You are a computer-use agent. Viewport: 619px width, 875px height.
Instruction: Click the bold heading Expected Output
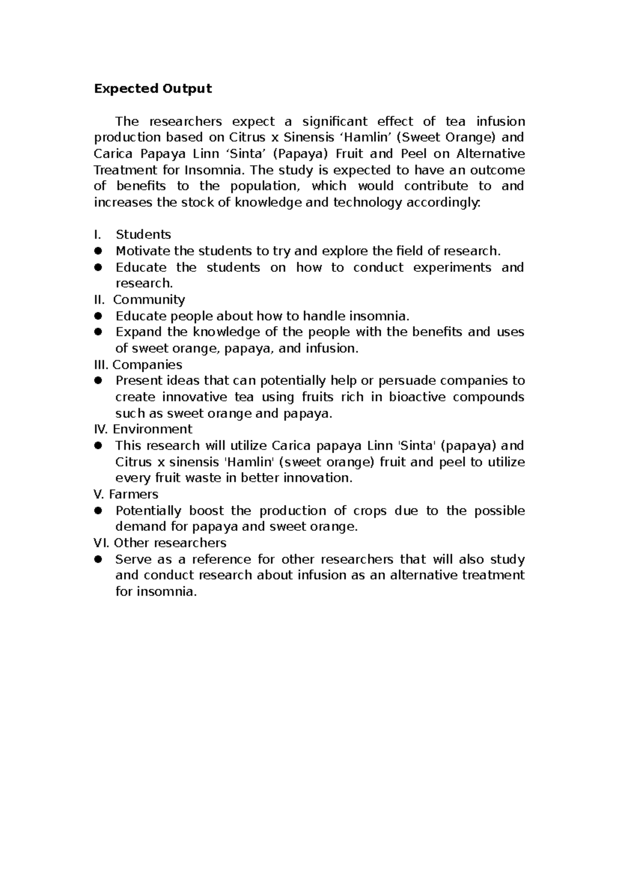[x=153, y=89]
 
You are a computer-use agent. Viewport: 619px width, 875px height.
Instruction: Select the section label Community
[x=149, y=300]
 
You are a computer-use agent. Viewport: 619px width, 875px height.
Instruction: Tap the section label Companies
[x=147, y=365]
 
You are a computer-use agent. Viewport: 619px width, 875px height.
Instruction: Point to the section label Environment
[x=152, y=429]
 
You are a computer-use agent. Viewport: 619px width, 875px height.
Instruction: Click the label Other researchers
[x=170, y=543]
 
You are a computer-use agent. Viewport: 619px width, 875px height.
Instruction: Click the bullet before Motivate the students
[x=99, y=251]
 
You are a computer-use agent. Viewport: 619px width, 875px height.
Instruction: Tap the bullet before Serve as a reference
[x=99, y=559]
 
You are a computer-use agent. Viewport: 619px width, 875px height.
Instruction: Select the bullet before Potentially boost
[x=99, y=511]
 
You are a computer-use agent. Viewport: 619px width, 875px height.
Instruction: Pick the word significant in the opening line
[x=335, y=122]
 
